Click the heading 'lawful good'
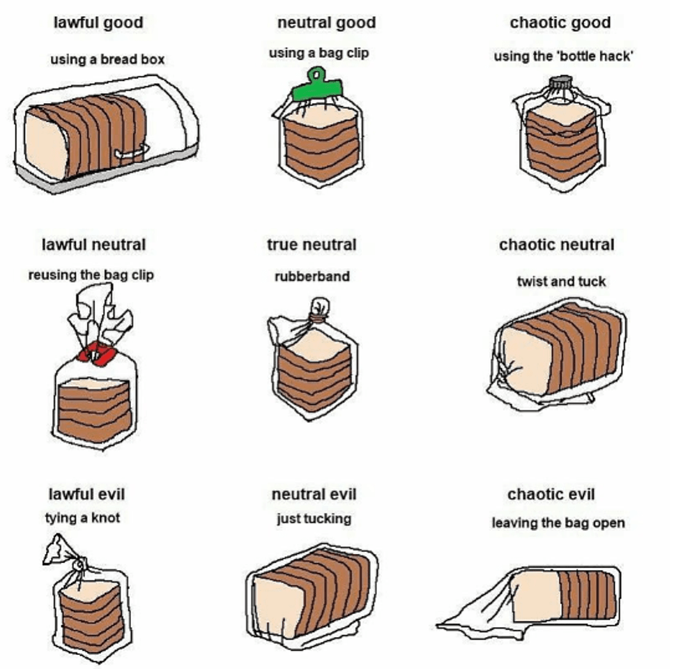[98, 23]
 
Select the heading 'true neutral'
[312, 245]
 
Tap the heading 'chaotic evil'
[551, 494]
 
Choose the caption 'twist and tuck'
[561, 282]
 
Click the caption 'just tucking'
[313, 518]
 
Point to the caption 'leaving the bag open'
[558, 523]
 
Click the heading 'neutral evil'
[314, 494]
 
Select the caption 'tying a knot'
[82, 518]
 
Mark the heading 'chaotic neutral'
[556, 245]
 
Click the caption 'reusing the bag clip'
[91, 275]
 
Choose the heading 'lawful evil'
[86, 494]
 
